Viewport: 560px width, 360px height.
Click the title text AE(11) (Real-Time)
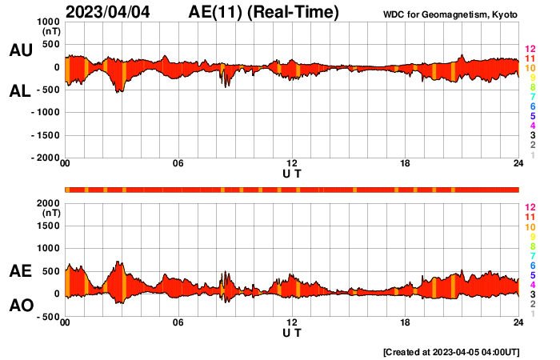pyautogui.click(x=264, y=13)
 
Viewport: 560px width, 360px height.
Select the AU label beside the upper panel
pyautogui.click(x=21, y=50)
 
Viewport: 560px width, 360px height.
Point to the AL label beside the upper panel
pyautogui.click(x=21, y=91)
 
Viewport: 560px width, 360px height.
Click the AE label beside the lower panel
pyautogui.click(x=21, y=271)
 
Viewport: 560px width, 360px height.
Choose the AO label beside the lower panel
pyautogui.click(x=21, y=306)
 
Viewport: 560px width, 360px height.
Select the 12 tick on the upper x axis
pyautogui.click(x=292, y=164)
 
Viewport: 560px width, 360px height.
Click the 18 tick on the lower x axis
pyautogui.click(x=406, y=322)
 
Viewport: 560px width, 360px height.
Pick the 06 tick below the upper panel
pyautogui.click(x=178, y=164)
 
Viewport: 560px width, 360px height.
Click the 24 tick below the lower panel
pyautogui.click(x=518, y=322)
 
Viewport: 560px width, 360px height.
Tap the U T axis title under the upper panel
pyautogui.click(x=292, y=174)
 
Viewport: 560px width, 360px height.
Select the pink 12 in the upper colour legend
pyautogui.click(x=530, y=50)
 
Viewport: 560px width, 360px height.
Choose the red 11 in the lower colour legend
pyautogui.click(x=530, y=217)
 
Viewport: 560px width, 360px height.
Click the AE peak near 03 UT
pyautogui.click(x=119, y=262)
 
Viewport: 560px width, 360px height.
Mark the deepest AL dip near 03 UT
pyautogui.click(x=119, y=92)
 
